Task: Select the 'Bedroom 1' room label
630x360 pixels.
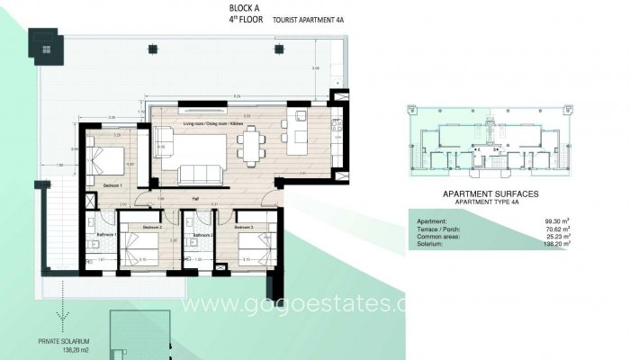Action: (x=114, y=184)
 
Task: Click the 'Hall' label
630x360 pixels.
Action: (x=194, y=200)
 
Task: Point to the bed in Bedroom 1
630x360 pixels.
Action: (x=106, y=162)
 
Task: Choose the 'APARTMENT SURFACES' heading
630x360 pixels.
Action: (x=491, y=193)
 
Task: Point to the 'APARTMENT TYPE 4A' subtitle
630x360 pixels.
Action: (x=491, y=202)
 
